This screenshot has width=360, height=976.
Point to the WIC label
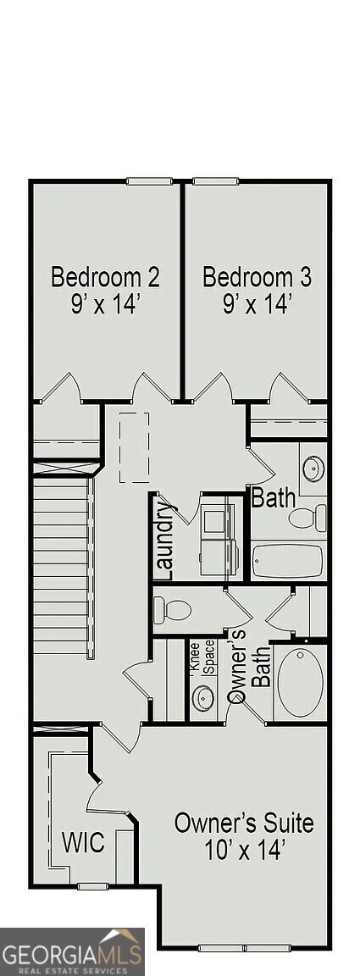tap(83, 843)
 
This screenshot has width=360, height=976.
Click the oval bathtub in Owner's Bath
tap(300, 682)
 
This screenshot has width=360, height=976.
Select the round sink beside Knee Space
tap(203, 698)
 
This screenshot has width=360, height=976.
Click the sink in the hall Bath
tap(313, 468)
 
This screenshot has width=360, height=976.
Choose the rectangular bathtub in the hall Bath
tap(288, 559)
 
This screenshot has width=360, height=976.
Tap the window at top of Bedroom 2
tap(151, 181)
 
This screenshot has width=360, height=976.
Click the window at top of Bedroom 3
tap(214, 181)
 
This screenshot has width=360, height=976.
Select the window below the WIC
tap(91, 886)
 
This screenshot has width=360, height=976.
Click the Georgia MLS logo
tap(72, 951)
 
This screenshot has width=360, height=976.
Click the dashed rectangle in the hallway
tap(133, 446)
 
